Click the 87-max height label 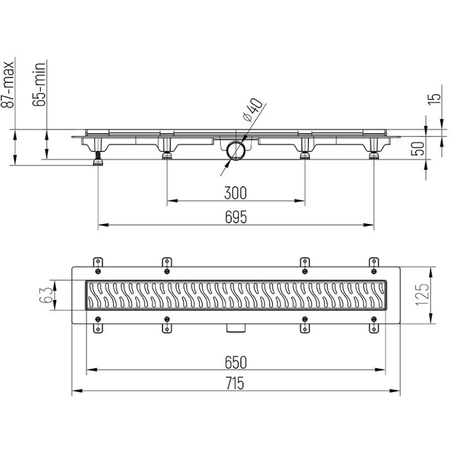pyautogui.click(x=8, y=85)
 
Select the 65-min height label pyautogui.click(x=39, y=85)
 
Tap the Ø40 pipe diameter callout pyautogui.click(x=253, y=110)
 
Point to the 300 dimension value pyautogui.click(x=235, y=193)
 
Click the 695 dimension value pyautogui.click(x=236, y=217)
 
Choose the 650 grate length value pyautogui.click(x=236, y=363)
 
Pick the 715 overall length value pyautogui.click(x=235, y=384)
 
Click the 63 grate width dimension pyautogui.click(x=45, y=295)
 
